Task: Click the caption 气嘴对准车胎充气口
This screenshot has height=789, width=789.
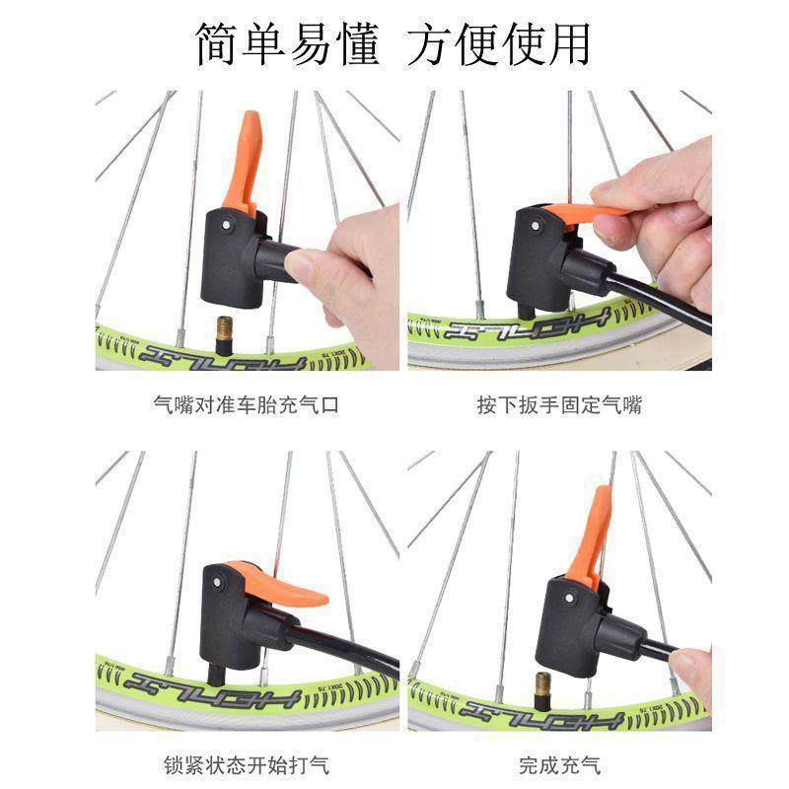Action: coord(247,404)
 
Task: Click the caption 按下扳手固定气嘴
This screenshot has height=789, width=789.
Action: coord(559,404)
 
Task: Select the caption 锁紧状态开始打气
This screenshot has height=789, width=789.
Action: coord(247,764)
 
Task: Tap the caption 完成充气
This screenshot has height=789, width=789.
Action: coord(559,764)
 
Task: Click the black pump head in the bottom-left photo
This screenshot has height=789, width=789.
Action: coord(227,616)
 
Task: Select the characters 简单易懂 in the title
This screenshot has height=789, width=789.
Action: coord(286,44)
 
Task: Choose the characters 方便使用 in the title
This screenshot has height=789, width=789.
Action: coord(500,44)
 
